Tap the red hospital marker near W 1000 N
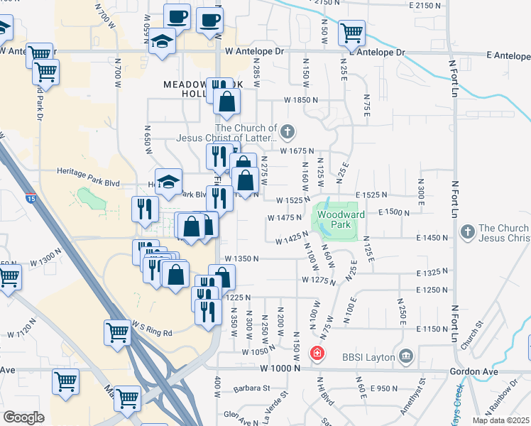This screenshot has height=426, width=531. coord(317,353)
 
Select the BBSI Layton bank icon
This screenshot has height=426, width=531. coord(405,356)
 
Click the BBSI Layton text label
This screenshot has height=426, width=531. coord(368,357)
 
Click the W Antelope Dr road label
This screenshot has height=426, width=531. coord(254,52)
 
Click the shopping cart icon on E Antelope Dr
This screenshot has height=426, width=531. coord(351,32)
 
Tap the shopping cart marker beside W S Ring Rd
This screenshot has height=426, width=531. coord(117,332)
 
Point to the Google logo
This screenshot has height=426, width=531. coord(24,417)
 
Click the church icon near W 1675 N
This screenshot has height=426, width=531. coord(287,131)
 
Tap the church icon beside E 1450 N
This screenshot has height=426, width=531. coord(467,231)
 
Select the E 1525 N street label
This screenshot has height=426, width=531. coord(373,194)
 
